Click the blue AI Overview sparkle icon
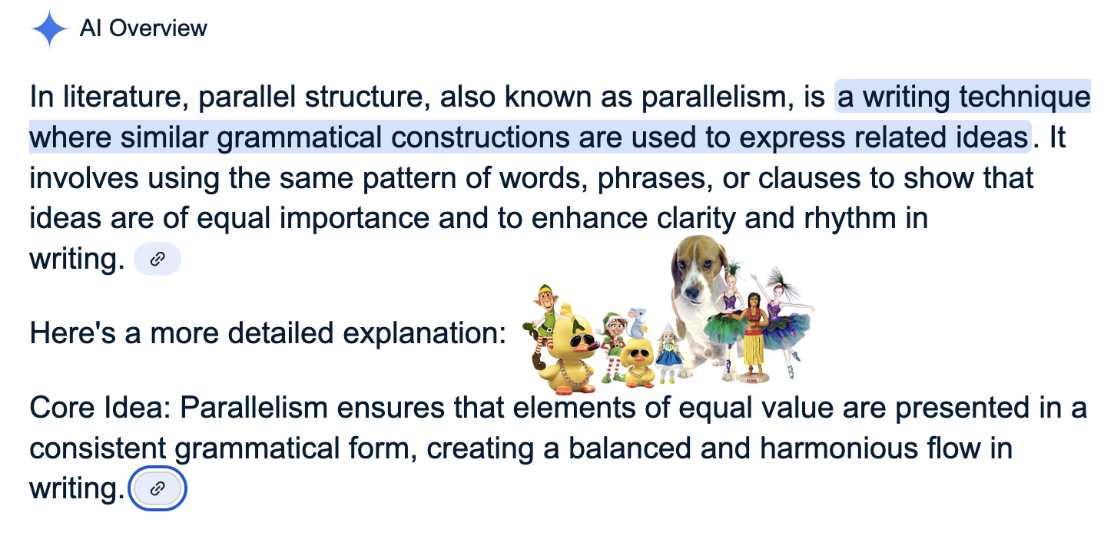(x=49, y=29)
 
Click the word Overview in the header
(x=158, y=28)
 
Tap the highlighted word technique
(x=1025, y=97)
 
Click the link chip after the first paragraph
(x=157, y=259)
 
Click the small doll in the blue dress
(x=669, y=353)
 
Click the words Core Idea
(x=100, y=408)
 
